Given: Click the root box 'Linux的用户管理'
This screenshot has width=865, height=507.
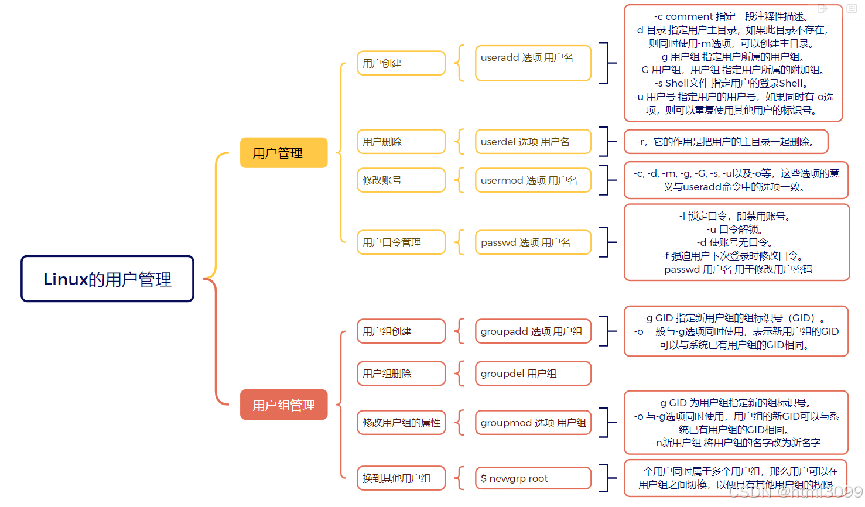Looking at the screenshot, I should [107, 279].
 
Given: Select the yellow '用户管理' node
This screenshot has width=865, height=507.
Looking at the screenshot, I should [283, 153].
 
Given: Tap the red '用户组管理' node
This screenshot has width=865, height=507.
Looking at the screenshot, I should [283, 405].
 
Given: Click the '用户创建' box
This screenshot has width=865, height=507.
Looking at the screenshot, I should [401, 63].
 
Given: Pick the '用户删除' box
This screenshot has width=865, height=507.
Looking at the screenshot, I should [401, 142].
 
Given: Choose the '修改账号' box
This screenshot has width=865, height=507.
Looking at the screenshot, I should [401, 180].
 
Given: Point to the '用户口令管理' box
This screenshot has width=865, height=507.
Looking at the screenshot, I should [401, 242].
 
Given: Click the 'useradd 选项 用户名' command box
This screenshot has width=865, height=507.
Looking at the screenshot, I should [533, 63].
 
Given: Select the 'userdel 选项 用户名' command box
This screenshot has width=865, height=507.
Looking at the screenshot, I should [533, 142].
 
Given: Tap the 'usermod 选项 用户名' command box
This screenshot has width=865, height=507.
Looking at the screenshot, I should [533, 180].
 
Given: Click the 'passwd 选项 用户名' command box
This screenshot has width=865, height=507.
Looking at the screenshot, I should [533, 242].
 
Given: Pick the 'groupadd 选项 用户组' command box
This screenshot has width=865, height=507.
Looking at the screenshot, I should [533, 331].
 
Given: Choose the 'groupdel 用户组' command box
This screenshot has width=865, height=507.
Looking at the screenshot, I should [533, 374].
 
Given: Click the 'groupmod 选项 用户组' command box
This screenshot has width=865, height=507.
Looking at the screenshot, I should [533, 423].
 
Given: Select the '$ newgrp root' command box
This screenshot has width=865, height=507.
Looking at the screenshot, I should [533, 478].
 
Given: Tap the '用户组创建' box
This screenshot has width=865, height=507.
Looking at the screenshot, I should [401, 331].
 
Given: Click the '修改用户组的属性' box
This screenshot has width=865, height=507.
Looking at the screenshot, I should [401, 423].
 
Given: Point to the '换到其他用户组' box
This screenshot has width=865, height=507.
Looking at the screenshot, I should [401, 478].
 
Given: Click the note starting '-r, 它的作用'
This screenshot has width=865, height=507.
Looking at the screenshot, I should [726, 142].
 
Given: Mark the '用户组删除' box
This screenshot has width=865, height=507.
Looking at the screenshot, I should [401, 374].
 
